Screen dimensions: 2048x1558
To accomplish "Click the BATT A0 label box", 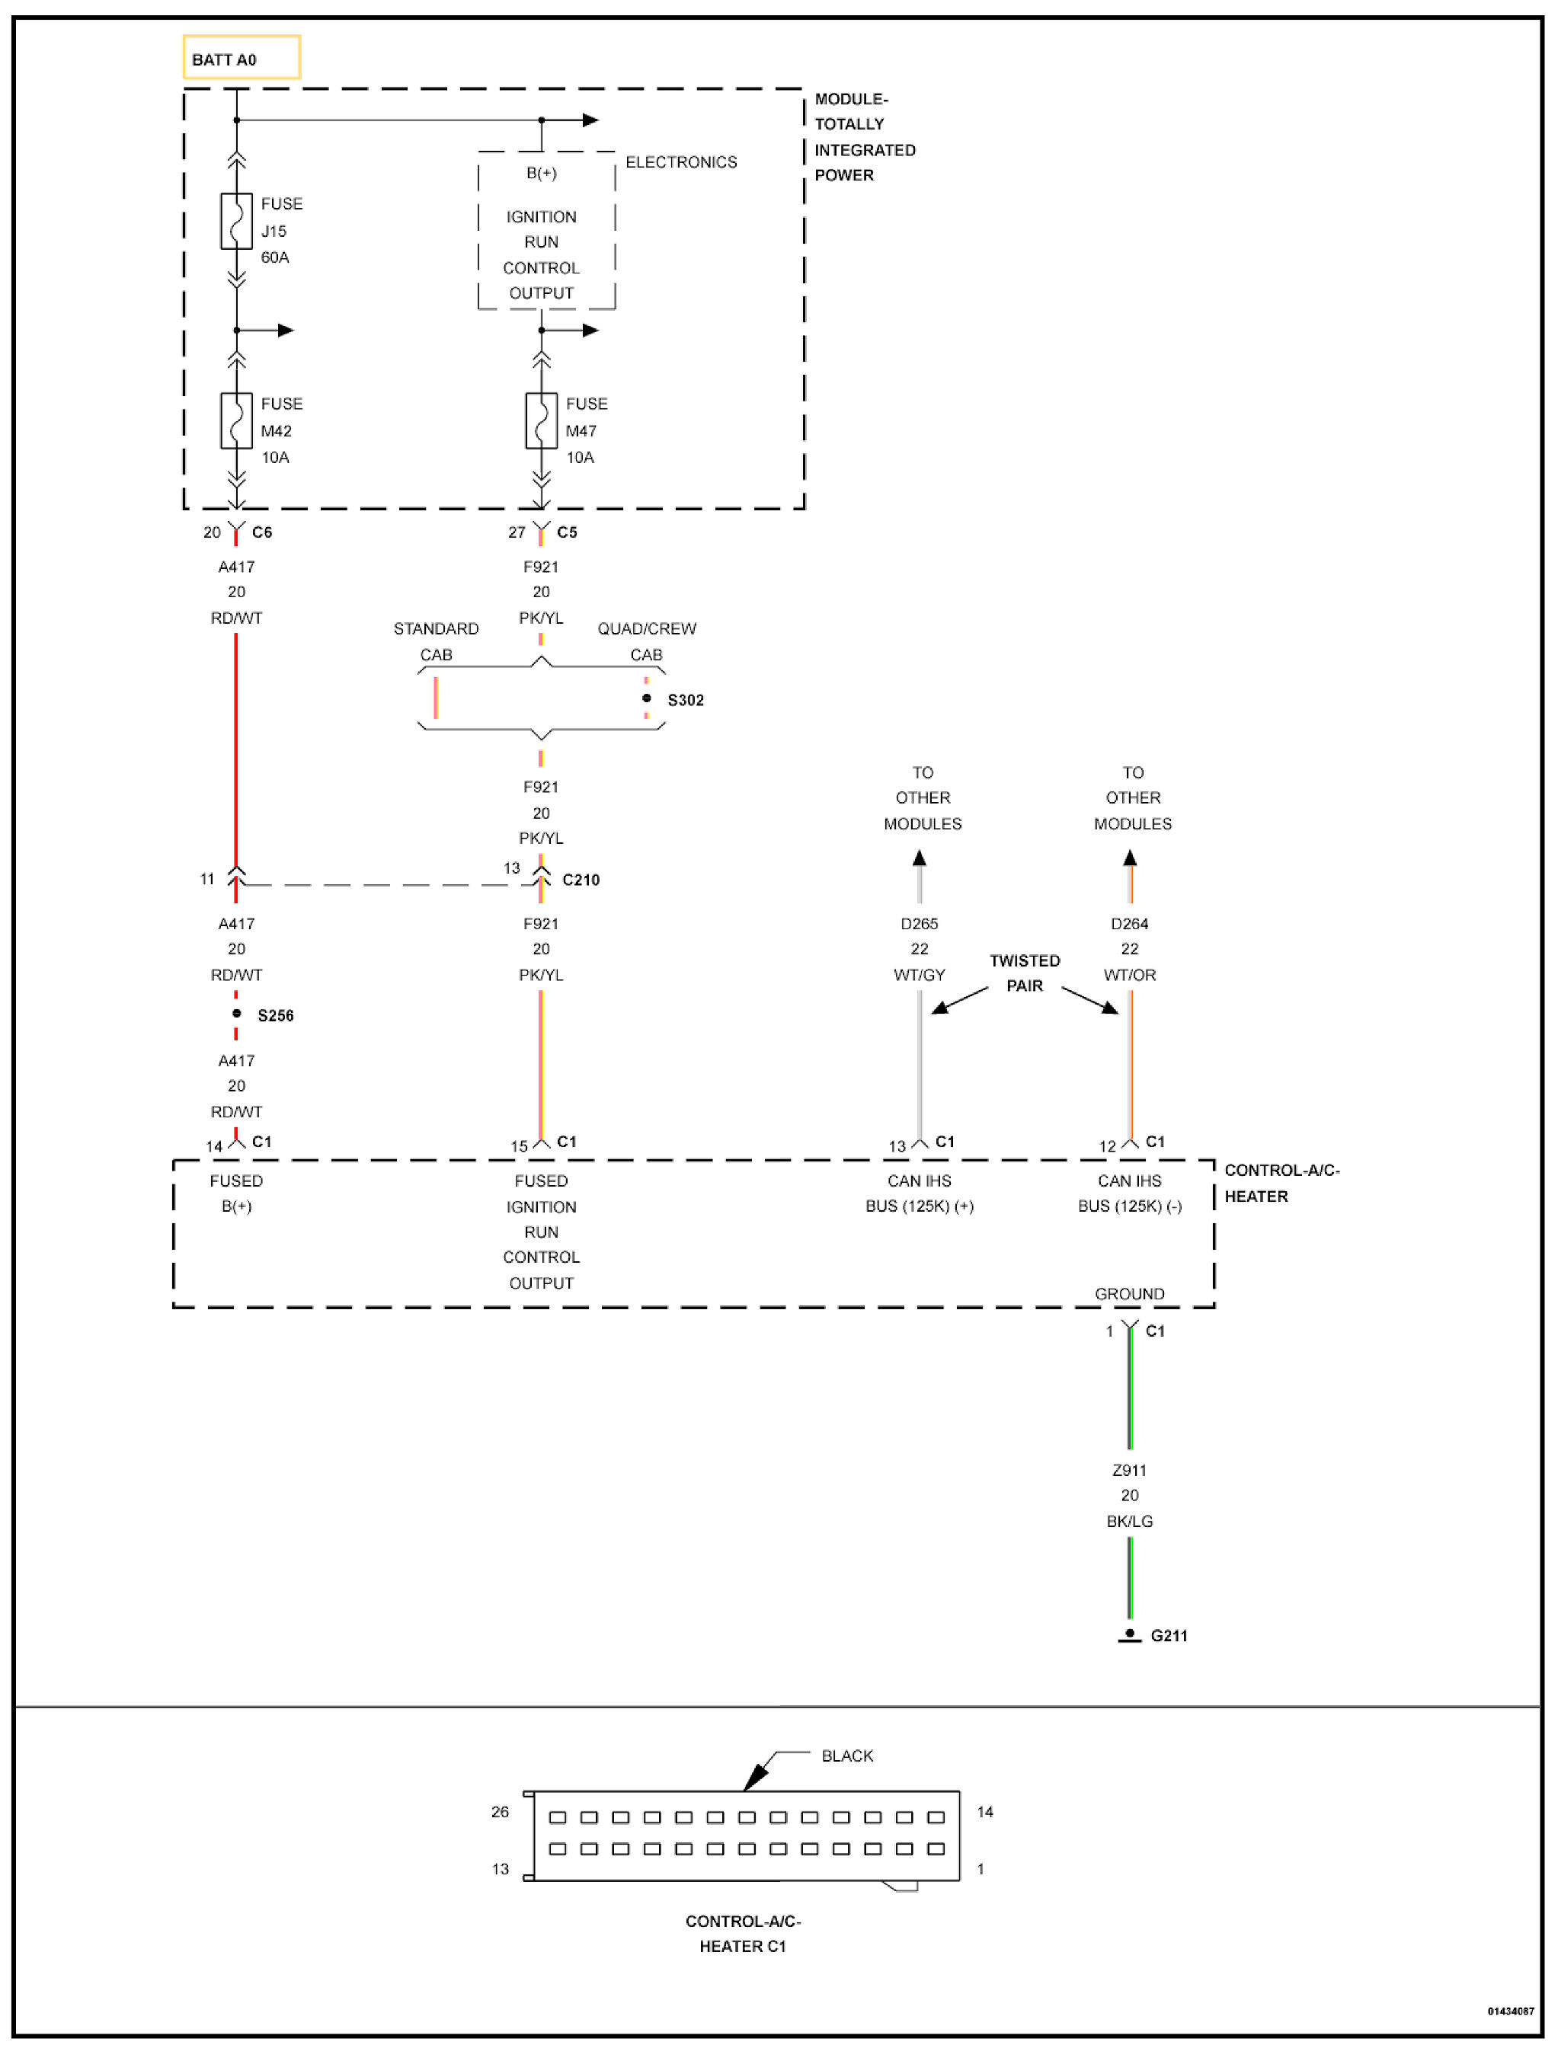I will pos(241,57).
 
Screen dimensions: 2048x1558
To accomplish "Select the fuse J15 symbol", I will pos(236,222).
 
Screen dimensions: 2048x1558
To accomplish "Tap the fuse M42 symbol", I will pos(236,421).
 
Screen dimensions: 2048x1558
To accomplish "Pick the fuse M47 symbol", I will pos(541,421).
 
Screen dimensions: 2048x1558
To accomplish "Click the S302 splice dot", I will pos(646,698).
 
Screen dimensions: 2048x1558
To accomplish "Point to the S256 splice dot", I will pos(236,1014).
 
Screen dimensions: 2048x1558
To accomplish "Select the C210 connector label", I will pos(581,880).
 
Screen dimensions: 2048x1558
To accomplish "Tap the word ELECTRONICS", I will pos(680,162).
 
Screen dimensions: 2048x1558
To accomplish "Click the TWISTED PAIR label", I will pos(1024,973).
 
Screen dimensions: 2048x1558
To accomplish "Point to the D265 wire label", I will pos(919,923).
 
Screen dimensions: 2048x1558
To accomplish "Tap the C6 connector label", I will pos(261,532).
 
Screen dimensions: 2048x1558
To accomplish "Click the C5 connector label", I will pos(567,532).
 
